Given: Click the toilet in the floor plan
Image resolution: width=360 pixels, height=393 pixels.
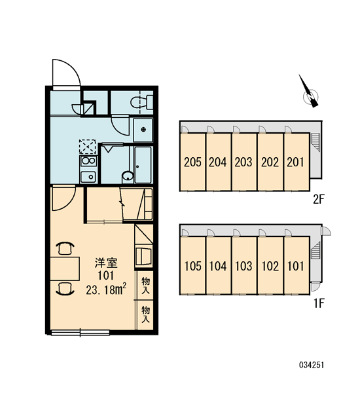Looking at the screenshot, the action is (142, 102).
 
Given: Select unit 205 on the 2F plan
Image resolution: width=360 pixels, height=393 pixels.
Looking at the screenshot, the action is (192, 162).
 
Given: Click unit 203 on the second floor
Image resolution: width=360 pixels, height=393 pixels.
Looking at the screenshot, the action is (244, 162).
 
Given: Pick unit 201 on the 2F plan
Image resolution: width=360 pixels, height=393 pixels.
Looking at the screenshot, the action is (296, 162).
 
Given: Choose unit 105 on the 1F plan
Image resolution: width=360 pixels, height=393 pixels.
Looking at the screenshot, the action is (192, 266).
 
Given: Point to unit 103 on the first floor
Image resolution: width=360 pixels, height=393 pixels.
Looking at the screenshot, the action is (244, 266).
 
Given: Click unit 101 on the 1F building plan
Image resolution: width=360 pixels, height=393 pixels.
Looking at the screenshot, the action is (296, 266).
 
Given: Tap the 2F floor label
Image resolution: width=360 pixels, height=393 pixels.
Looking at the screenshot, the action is (319, 200).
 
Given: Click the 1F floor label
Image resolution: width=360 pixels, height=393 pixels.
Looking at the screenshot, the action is (319, 303).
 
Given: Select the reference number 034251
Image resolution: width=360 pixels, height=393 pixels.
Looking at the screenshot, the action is (312, 365).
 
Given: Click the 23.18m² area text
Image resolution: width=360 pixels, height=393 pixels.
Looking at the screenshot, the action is (106, 290).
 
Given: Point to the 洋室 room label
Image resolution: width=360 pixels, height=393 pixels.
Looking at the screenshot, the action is (106, 263).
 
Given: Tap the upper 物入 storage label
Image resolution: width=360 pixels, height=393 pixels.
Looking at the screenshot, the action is (145, 285).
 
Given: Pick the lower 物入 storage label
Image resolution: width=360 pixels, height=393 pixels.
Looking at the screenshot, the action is (145, 314).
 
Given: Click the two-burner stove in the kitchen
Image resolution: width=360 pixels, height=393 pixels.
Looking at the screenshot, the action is (88, 161).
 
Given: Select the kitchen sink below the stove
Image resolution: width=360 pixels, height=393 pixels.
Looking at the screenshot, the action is (88, 177).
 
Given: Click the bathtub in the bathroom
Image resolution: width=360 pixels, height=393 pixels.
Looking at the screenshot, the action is (143, 165).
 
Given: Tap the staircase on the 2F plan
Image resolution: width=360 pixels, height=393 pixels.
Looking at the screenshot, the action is (315, 142).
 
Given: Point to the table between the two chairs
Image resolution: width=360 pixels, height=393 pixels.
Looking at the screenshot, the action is (65, 269).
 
